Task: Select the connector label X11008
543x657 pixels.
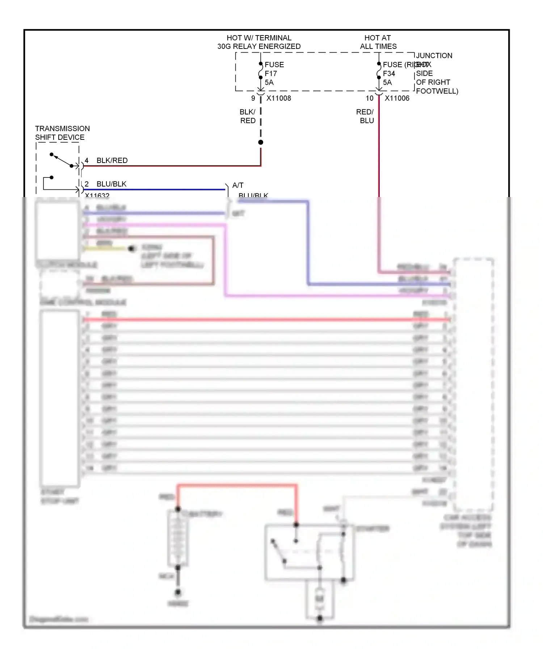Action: coord(278,98)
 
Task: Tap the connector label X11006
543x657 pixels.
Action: coord(397,98)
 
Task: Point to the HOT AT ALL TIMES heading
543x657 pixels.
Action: coord(378,42)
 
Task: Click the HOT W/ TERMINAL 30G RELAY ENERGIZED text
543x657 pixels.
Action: coord(259,42)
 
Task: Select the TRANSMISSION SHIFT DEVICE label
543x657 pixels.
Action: coord(62,133)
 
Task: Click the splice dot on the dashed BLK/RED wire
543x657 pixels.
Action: coord(261,142)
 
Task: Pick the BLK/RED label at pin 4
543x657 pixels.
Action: coord(112,160)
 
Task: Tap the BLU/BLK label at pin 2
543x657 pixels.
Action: coord(111,184)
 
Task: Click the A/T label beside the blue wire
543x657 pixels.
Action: coord(238,185)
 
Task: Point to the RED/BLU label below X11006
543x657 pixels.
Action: coord(365,116)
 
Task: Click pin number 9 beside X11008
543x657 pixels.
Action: coord(253,98)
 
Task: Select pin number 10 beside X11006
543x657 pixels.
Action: coord(369,98)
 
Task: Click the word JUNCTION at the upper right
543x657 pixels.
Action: coord(434,56)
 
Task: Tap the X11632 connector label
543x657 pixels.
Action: coord(97,195)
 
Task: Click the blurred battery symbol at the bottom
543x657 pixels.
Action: coord(178,538)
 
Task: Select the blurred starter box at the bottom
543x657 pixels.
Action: coord(310,552)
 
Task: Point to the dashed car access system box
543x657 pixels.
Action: coord(473,384)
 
